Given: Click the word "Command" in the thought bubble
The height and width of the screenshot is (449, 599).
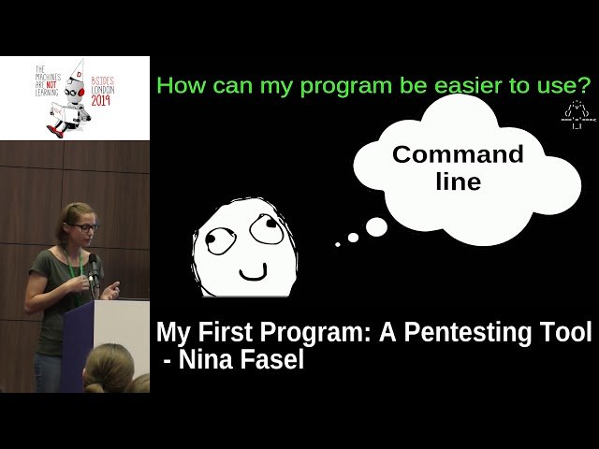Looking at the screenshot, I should (458, 154).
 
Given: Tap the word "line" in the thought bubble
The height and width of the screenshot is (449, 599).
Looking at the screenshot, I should (459, 181).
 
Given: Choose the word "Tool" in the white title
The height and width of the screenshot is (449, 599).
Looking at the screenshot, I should (562, 332).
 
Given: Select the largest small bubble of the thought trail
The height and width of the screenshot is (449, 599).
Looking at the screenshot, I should (376, 227).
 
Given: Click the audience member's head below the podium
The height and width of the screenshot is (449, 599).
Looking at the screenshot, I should (110, 369).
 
